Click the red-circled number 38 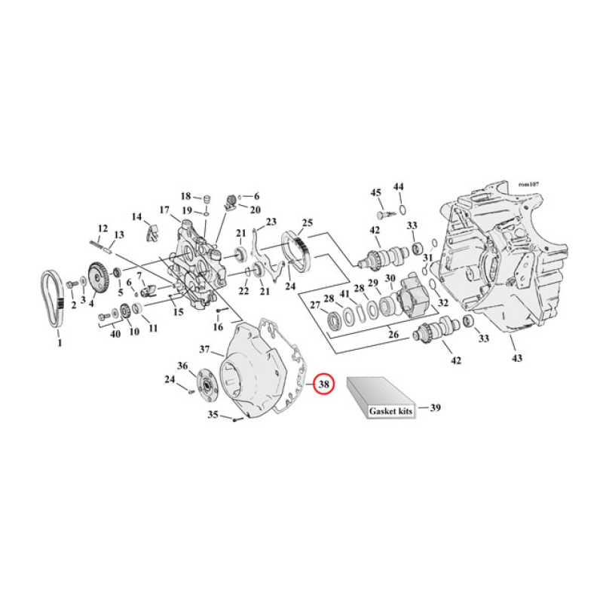tap(323, 384)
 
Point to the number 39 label tap(435, 408)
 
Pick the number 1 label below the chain tap(60, 343)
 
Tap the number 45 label tap(375, 194)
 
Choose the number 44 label tap(399, 186)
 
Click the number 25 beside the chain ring tap(307, 222)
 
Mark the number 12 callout tap(103, 228)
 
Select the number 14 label tap(136, 217)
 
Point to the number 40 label tap(115, 333)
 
